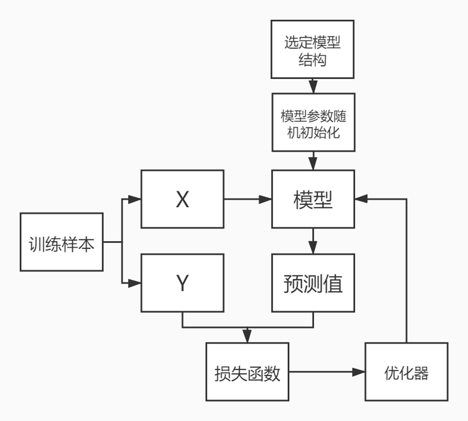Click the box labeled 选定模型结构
313,49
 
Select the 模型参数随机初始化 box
313,122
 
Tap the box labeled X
183,199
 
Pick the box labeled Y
183,283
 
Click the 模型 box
313,199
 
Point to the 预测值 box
313,283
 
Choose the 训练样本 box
61,242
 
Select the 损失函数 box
247,372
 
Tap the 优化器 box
406,372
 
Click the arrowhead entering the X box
135,199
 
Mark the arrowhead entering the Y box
135,283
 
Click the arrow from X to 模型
248,199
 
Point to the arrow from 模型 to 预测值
313,241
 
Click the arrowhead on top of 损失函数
247,337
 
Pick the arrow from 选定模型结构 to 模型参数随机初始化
313,86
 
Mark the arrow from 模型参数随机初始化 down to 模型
313,161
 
